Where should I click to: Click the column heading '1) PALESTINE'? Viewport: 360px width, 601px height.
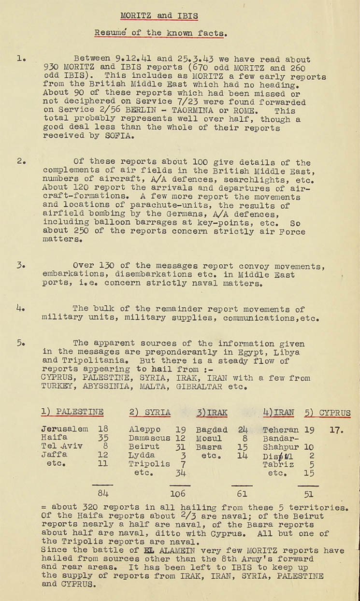(x=72, y=412)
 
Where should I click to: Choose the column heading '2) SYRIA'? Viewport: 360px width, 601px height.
(x=150, y=412)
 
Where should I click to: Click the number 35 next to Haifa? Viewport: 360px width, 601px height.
(x=102, y=438)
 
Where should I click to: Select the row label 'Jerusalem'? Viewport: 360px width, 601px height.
(x=65, y=429)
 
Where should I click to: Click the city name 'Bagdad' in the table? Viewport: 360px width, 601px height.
(x=212, y=429)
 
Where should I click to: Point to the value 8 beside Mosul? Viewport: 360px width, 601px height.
(x=245, y=438)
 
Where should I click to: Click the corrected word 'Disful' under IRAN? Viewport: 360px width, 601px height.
(x=277, y=455)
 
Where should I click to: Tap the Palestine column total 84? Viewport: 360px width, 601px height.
(x=102, y=493)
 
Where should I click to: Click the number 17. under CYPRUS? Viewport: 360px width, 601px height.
(x=336, y=429)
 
